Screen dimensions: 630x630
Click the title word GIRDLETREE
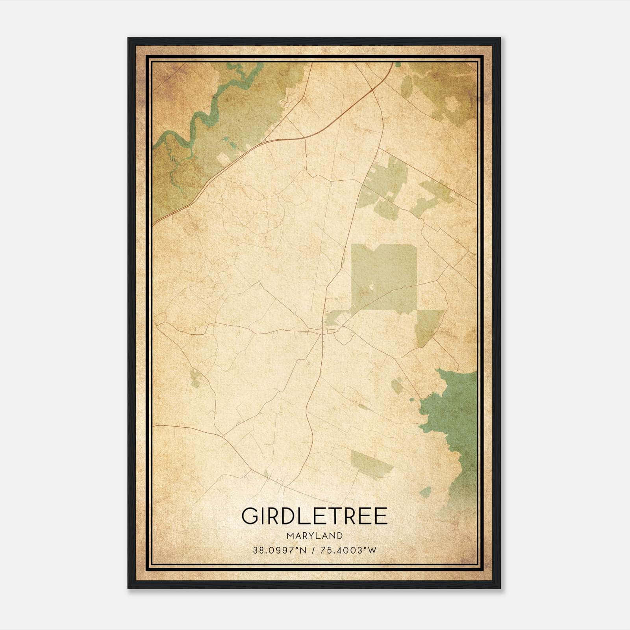(x=315, y=516)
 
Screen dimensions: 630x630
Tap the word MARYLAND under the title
(x=315, y=535)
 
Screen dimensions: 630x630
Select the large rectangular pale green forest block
(x=384, y=276)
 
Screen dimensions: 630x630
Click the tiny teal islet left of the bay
(x=412, y=399)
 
